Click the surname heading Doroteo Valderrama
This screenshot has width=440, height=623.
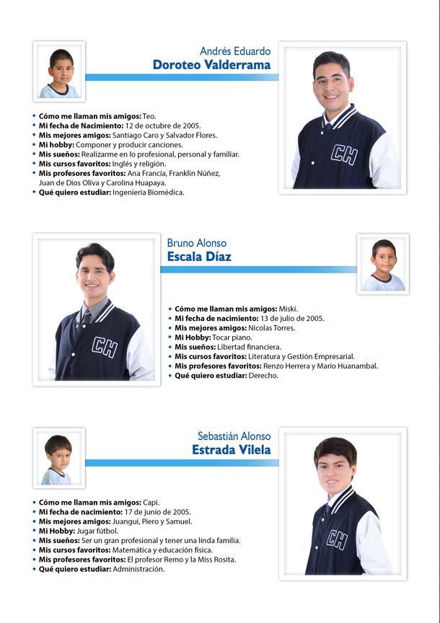coord(211,65)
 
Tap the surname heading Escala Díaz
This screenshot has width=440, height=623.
coord(199,257)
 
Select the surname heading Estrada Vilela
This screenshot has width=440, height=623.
coord(232,450)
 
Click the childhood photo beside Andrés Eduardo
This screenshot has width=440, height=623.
coord(59,71)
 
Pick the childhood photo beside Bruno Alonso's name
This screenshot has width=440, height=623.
coord(383,264)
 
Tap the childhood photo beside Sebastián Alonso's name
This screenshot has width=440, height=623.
coord(58,458)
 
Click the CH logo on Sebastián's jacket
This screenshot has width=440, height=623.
coord(336,539)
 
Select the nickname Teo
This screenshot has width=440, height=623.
coord(149,116)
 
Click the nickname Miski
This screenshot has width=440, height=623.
coord(288,309)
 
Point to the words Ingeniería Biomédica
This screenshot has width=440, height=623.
coord(149,193)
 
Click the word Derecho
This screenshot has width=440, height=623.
coord(263,376)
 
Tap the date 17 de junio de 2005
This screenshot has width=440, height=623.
coord(157,512)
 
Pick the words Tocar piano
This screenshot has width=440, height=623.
coord(234,337)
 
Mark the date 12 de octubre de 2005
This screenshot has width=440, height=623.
coord(159,125)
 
